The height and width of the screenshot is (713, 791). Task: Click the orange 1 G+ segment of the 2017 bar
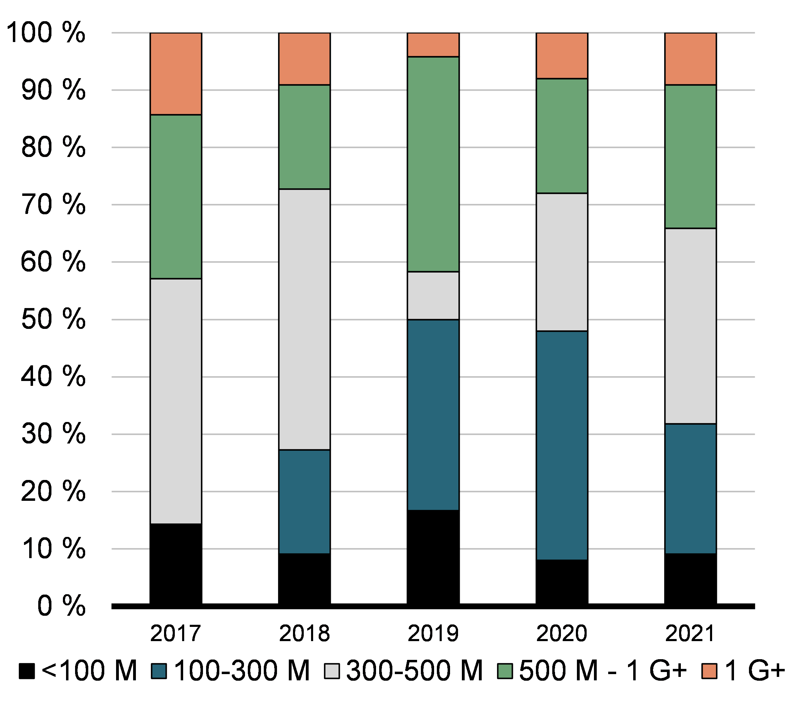[176, 74]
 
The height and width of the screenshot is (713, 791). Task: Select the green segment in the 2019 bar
[433, 164]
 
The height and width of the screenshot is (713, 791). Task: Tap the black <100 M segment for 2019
[433, 557]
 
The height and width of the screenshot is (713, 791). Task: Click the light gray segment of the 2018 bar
[304, 319]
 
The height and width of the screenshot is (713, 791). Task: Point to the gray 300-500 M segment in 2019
[433, 296]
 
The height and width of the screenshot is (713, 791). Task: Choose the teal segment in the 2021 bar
[690, 488]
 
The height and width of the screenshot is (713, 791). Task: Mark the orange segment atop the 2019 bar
[433, 45]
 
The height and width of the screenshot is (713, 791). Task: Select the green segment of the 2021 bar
[690, 156]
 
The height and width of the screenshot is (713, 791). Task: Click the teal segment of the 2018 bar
[304, 501]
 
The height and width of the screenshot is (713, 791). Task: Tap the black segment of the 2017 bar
[176, 564]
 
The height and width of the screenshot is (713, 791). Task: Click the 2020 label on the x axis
[561, 633]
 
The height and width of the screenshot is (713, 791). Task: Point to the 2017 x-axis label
[176, 633]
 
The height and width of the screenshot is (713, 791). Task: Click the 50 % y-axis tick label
[53, 319]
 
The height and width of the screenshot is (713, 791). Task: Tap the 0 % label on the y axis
[61, 606]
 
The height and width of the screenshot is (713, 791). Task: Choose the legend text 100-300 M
[242, 671]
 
